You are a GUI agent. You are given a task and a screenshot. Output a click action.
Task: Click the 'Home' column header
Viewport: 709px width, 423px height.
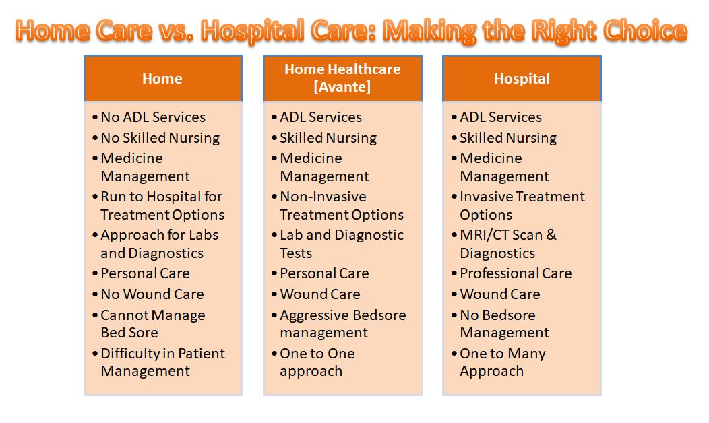[x=162, y=79]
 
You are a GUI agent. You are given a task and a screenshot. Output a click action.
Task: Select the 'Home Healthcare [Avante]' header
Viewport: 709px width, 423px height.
[x=342, y=78]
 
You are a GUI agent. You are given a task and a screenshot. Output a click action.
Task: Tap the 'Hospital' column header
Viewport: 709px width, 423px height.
[x=522, y=79]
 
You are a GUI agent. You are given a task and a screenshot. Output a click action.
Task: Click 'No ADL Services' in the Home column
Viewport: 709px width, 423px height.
[x=153, y=117]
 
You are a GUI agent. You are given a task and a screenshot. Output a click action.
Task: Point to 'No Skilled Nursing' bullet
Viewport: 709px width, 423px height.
[x=160, y=138]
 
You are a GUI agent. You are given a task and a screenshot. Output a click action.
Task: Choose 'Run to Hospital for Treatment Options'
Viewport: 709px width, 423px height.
[x=162, y=205]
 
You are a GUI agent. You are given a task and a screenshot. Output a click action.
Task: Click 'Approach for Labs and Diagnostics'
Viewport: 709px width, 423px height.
[x=159, y=244]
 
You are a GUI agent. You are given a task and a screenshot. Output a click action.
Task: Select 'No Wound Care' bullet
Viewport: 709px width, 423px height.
[x=152, y=294]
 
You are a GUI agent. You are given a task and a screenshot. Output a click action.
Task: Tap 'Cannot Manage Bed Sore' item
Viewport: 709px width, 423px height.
[x=152, y=324]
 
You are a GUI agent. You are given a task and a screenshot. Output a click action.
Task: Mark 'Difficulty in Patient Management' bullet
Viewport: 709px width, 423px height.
[x=162, y=362]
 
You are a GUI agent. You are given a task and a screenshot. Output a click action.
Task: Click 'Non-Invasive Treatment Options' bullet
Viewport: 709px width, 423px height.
[x=341, y=205]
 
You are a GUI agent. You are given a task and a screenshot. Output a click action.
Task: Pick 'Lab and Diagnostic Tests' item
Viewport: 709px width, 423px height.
[x=341, y=244]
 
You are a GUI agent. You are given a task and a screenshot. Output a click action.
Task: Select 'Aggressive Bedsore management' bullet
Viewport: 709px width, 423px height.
[x=342, y=324]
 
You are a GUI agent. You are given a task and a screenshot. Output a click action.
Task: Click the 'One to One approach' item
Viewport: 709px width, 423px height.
[x=317, y=362]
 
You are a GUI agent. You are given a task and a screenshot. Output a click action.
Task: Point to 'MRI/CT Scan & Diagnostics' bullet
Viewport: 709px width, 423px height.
[x=507, y=244]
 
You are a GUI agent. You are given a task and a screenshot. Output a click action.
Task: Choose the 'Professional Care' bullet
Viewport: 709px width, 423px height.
[x=515, y=273]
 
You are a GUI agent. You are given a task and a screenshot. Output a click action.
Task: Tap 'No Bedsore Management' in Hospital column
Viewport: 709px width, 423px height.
[x=503, y=324]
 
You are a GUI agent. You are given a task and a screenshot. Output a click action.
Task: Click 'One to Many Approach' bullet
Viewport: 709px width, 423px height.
[x=502, y=362]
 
